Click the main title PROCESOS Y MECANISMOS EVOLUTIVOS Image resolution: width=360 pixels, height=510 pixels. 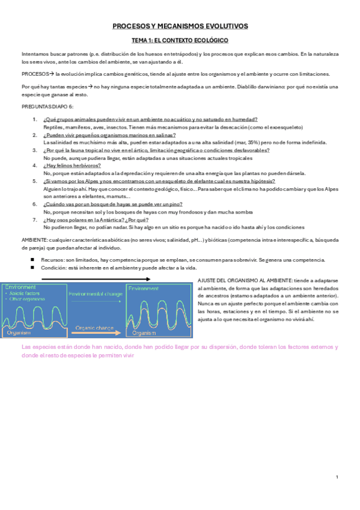pyautogui.click(x=180, y=26)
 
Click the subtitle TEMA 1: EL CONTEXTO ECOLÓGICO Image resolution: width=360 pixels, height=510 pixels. pyautogui.click(x=180, y=40)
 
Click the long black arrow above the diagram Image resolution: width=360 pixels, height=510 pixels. pyautogui.click(x=96, y=280)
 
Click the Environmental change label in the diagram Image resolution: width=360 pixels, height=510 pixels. pyautogui.click(x=96, y=294)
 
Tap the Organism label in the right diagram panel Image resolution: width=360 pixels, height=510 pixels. pyautogui.click(x=144, y=333)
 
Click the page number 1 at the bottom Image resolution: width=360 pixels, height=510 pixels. pyautogui.click(x=338, y=477)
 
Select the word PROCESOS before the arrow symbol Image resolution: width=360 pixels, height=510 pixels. pyautogui.click(x=34, y=74)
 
